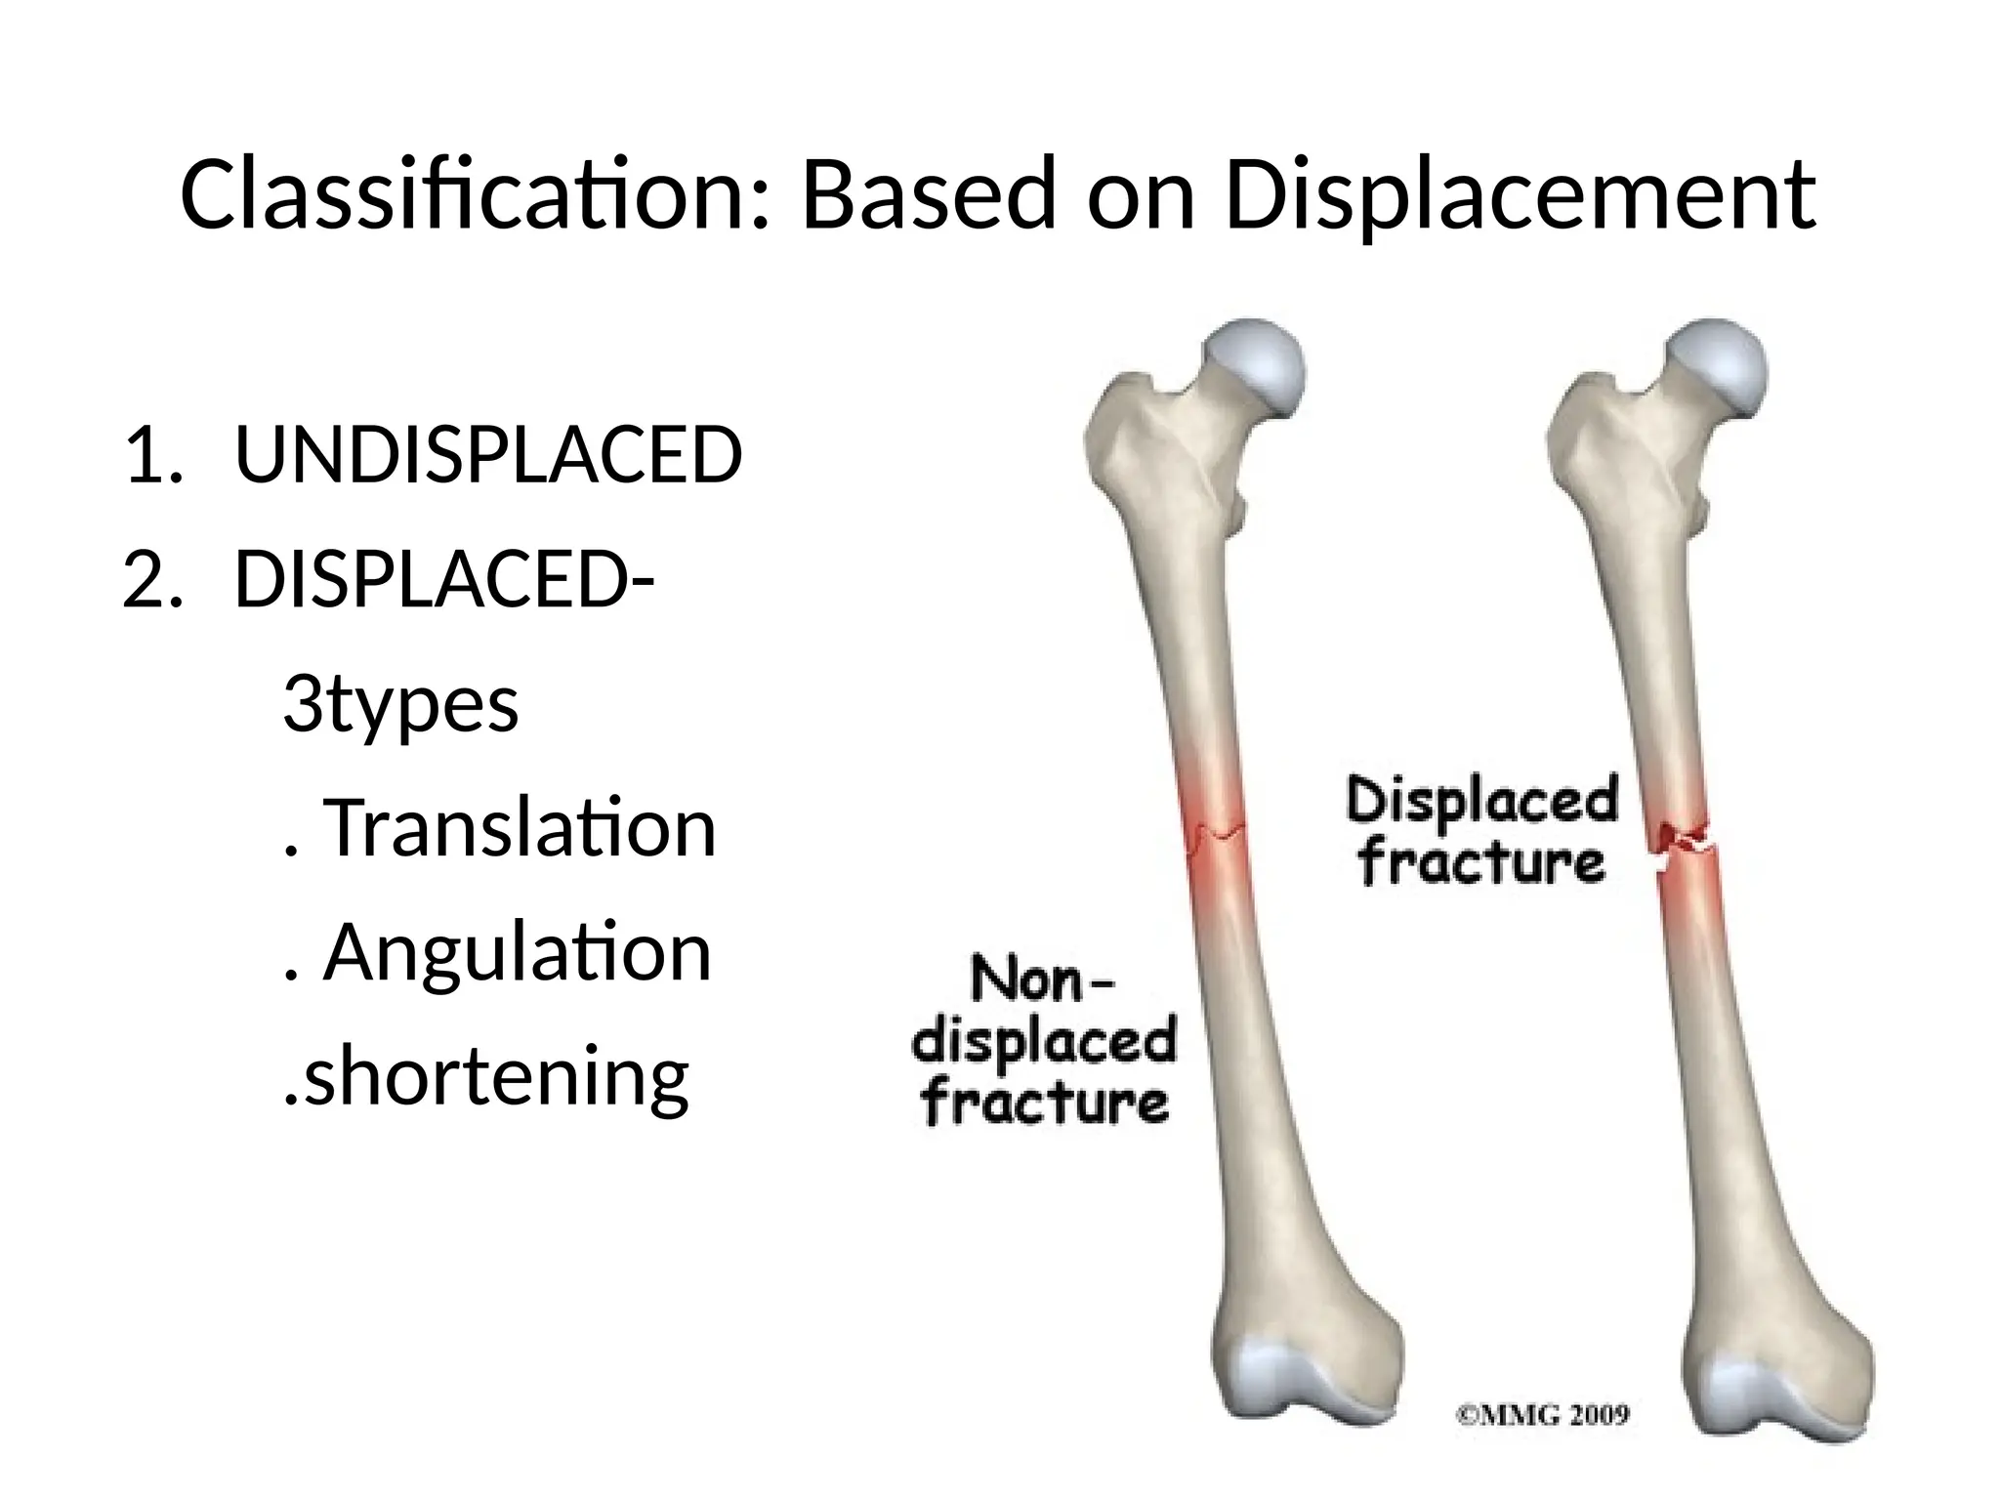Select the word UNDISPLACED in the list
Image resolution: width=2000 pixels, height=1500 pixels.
coord(488,455)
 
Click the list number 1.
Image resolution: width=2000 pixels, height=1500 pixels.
coord(151,455)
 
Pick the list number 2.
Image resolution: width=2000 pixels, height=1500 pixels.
coord(151,579)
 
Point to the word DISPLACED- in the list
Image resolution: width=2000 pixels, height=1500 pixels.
coord(444,579)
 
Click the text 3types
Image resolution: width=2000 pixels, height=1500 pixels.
coord(400,705)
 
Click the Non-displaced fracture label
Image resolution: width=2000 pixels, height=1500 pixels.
coord(1043,1042)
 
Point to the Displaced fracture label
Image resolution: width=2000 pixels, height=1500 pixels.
coord(1482,831)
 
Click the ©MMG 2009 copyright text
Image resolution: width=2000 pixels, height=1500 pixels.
coord(1543,1415)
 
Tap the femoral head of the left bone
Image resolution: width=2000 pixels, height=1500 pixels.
coord(1256,366)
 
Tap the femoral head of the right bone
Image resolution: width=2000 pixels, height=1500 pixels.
coord(1717,366)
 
